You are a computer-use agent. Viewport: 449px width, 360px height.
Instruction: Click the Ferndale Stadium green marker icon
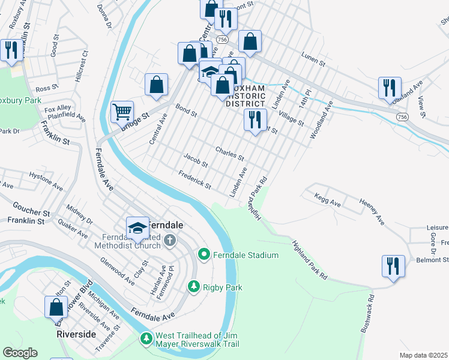(204, 255)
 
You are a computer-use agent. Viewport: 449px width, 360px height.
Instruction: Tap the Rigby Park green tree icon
(194, 287)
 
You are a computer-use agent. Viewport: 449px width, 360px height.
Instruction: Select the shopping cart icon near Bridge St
(122, 111)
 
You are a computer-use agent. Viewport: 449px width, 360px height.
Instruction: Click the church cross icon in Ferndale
(170, 241)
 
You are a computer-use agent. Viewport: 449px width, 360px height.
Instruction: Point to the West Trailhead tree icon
(146, 340)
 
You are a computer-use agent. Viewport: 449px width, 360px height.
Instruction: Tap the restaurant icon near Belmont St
(393, 265)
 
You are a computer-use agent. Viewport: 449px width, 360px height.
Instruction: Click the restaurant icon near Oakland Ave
(390, 88)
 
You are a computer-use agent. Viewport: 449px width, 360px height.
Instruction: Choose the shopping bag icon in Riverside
(56, 307)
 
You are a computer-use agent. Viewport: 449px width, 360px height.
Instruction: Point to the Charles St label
(230, 154)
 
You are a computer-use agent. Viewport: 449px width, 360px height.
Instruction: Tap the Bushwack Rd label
(368, 314)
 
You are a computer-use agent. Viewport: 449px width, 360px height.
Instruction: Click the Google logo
(20, 353)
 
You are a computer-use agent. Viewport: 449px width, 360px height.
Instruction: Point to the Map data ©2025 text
(423, 355)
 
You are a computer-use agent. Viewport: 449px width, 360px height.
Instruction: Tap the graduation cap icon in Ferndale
(137, 227)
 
